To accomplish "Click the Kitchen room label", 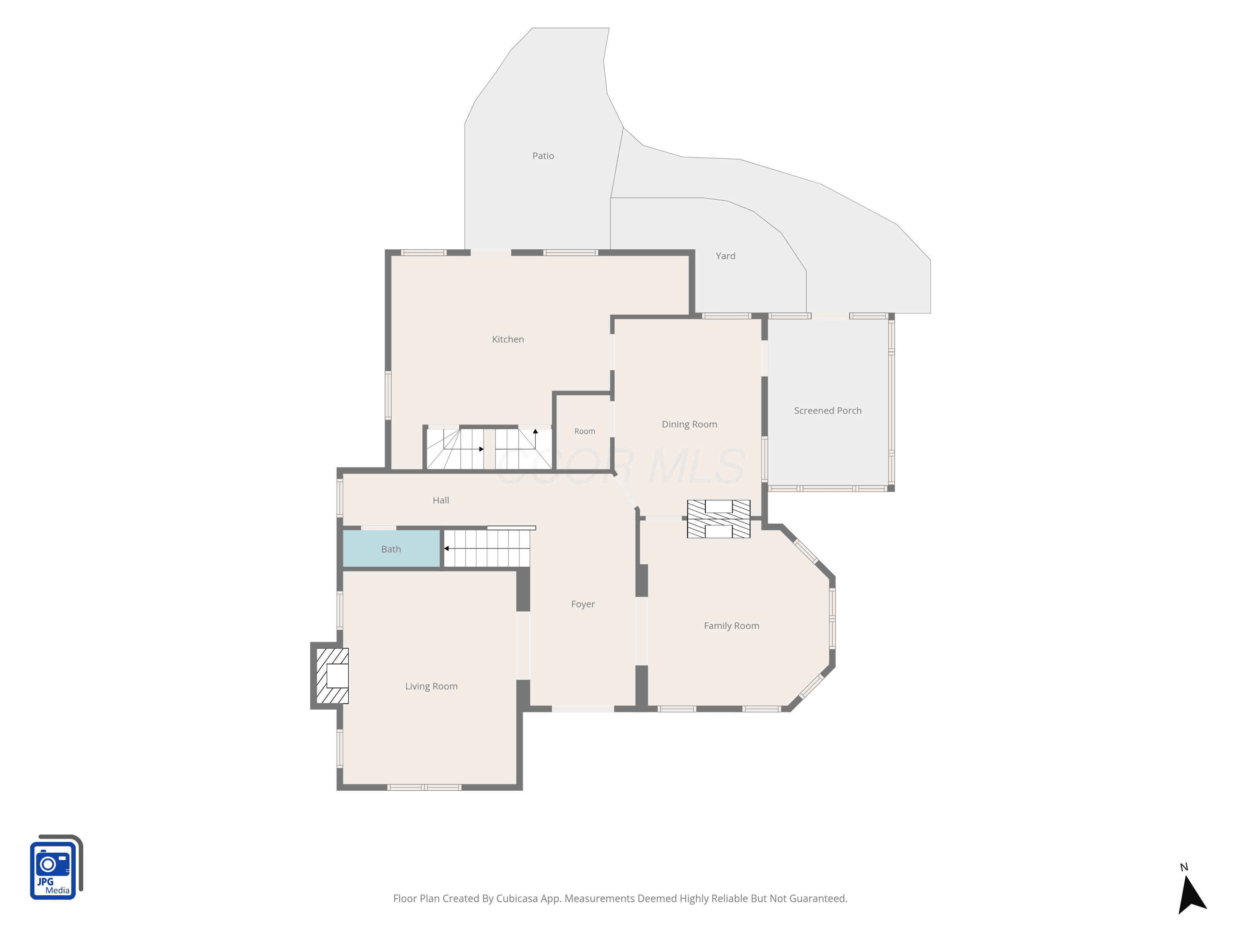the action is [508, 339].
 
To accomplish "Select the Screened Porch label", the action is [827, 410].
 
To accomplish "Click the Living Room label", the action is [431, 686].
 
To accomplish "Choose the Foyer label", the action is [583, 604].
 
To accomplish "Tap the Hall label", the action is [441, 500].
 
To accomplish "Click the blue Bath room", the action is [391, 549].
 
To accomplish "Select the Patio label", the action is [543, 156].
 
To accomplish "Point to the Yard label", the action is [726, 255].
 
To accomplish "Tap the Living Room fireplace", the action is [332, 675].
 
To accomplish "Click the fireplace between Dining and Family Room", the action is [719, 519].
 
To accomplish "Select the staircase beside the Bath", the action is [487, 548].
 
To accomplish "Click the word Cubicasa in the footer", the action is [517, 899].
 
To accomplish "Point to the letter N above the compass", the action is [1184, 867].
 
